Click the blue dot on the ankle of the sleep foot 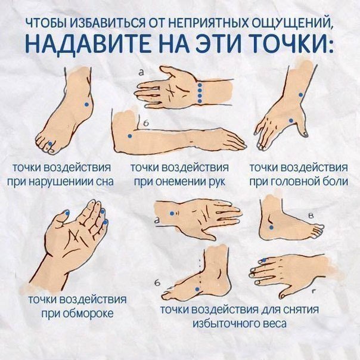(86, 104)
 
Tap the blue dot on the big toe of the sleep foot (50, 144)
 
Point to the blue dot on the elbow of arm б (130, 136)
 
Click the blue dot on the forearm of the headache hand (301, 95)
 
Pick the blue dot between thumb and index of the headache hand (291, 120)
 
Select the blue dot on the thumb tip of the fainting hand (67, 213)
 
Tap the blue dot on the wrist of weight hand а (172, 213)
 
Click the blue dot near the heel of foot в (271, 228)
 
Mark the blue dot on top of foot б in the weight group (197, 289)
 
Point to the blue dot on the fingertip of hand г (264, 260)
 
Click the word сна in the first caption (105, 182)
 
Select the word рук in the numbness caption (217, 182)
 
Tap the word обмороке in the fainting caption (88, 314)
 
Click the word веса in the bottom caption (275, 324)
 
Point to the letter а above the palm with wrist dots (141, 73)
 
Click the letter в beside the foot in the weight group (311, 215)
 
